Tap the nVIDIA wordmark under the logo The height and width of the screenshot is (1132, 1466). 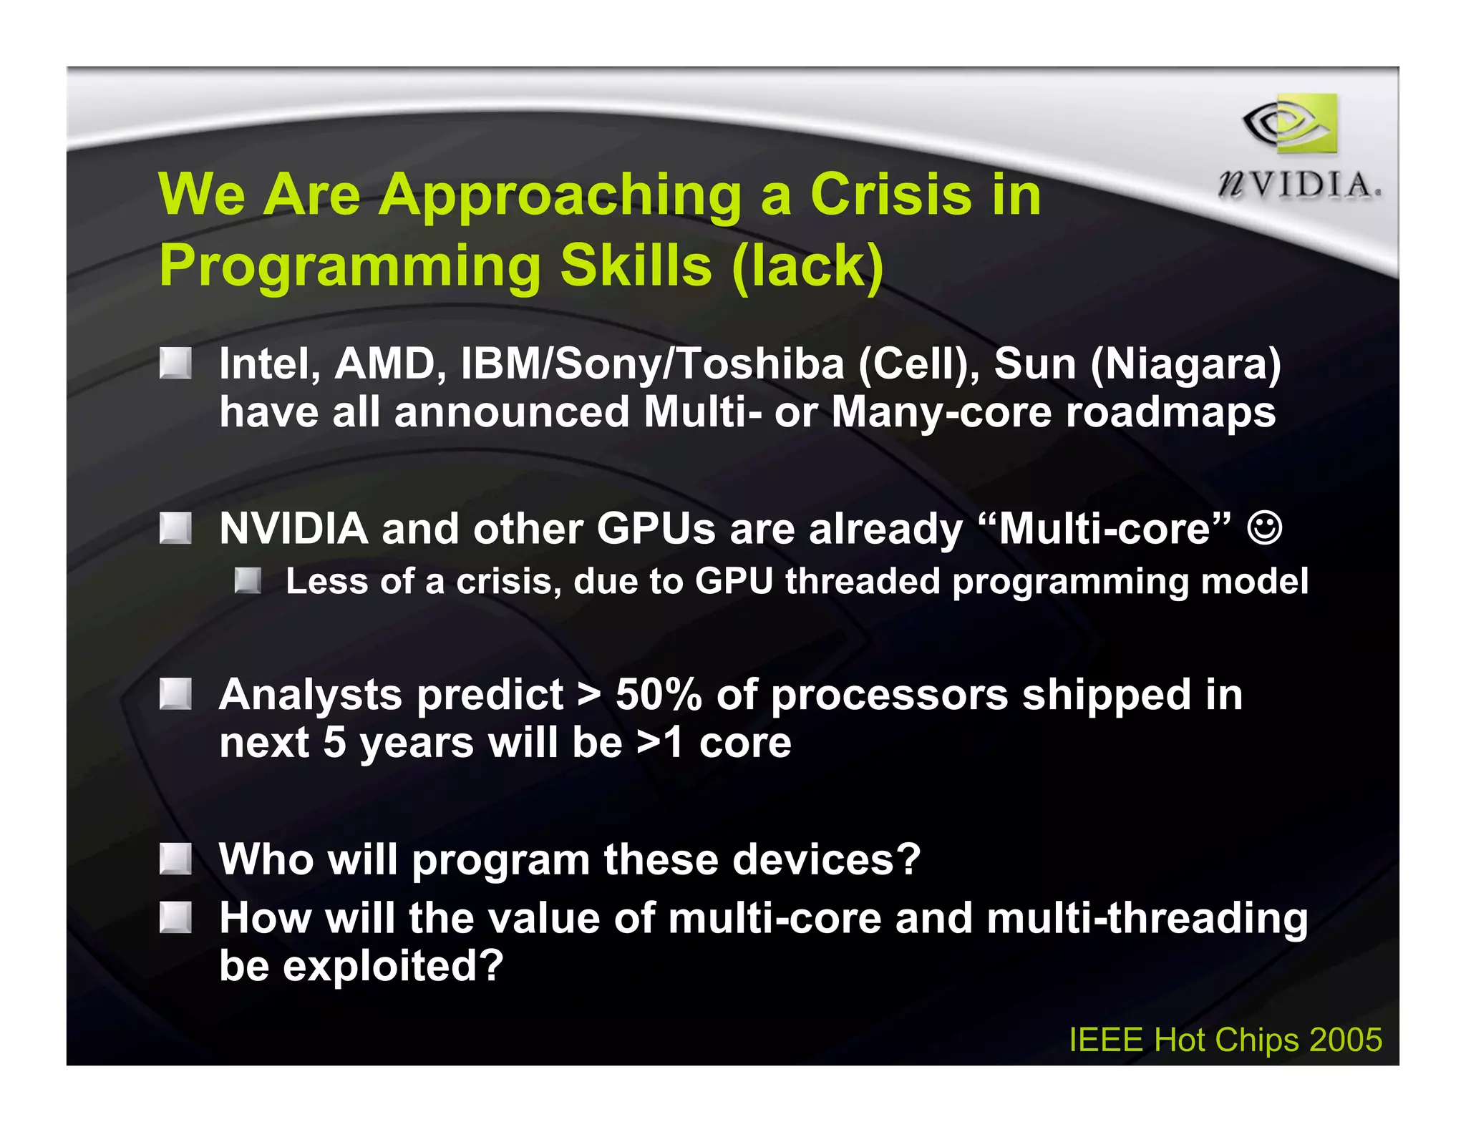click(1299, 185)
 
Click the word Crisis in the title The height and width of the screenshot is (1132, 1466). click(890, 194)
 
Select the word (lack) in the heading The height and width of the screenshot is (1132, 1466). click(808, 265)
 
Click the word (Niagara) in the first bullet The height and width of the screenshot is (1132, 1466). click(1185, 363)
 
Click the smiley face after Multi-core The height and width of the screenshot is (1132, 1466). click(1265, 528)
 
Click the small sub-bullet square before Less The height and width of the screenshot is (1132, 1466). click(248, 580)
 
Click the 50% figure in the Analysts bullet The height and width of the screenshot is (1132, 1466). click(659, 694)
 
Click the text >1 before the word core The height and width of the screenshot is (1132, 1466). click(659, 743)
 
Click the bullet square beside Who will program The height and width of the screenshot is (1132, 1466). click(175, 859)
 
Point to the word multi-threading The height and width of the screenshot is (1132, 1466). click(1147, 918)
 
